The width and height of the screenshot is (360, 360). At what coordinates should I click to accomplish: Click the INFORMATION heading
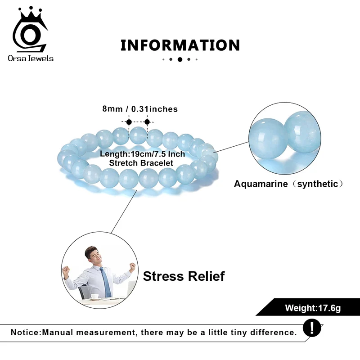click(180, 45)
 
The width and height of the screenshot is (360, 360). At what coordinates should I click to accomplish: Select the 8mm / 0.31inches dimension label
click(139, 109)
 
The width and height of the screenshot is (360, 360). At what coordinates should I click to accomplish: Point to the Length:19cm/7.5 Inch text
click(142, 154)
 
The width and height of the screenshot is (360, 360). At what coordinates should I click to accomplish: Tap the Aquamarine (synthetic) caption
click(289, 184)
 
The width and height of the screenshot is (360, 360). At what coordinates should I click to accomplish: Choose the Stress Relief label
click(184, 275)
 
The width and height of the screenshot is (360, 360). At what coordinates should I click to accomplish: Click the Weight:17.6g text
click(313, 308)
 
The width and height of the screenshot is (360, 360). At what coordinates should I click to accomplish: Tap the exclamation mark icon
click(312, 327)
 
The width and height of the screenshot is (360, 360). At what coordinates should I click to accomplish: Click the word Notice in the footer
click(25, 333)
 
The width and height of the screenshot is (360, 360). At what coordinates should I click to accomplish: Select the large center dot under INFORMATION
click(180, 59)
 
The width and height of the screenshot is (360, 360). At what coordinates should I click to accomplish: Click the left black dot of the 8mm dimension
click(129, 121)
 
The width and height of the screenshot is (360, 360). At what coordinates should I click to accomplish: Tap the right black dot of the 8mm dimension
click(147, 121)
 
